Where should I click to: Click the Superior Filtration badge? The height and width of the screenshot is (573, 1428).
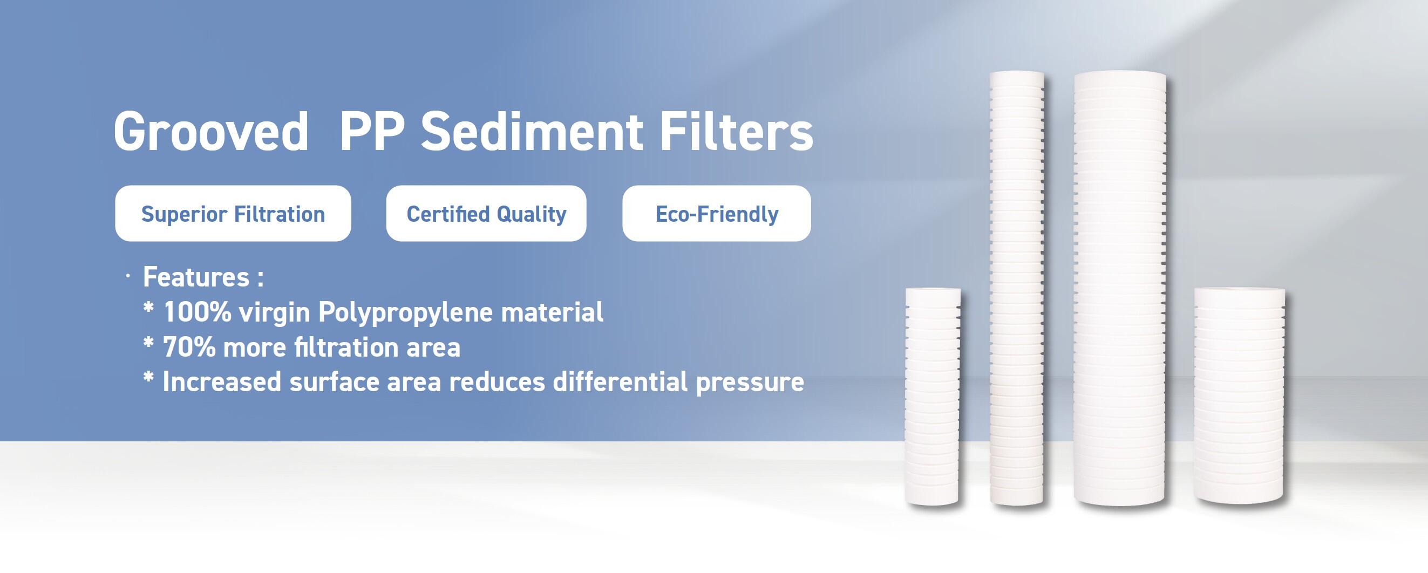(233, 213)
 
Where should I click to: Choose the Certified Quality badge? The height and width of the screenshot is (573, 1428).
(486, 213)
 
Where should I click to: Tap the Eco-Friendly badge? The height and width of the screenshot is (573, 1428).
(716, 213)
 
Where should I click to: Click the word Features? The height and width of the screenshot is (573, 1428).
(196, 277)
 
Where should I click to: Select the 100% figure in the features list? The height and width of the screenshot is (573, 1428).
(198, 312)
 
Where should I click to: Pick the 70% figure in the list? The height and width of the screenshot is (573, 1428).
(188, 348)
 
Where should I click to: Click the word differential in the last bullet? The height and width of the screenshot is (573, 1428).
(620, 383)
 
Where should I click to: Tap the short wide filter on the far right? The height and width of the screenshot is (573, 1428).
(1239, 396)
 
